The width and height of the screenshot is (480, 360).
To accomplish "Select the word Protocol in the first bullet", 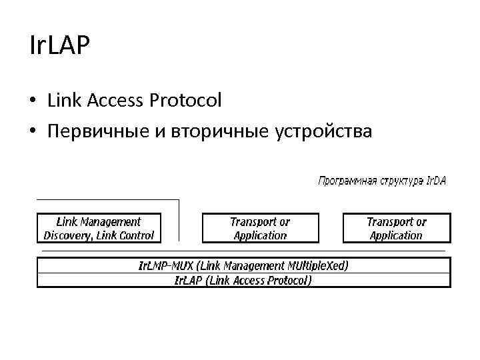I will (188, 101).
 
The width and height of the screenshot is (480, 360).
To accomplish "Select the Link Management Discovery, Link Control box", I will (99, 228).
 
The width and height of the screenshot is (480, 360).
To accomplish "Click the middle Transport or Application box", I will (260, 228).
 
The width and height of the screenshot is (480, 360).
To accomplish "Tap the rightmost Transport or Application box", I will (397, 228).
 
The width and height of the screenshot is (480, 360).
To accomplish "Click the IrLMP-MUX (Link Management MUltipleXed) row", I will (243, 265).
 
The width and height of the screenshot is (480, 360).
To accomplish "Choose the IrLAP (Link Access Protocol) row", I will (243, 280).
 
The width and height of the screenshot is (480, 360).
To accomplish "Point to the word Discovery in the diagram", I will (67, 235).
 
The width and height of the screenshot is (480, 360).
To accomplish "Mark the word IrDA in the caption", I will (437, 181).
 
